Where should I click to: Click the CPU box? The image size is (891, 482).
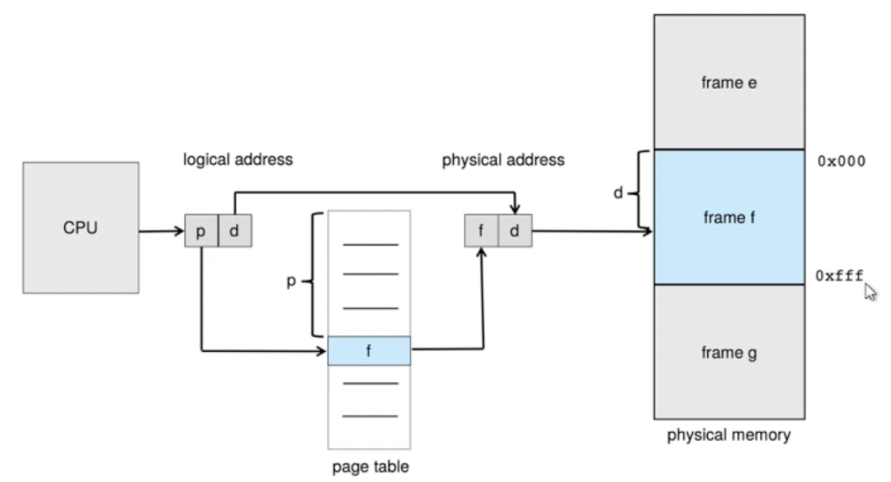tap(81, 228)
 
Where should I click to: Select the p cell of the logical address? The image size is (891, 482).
tap(201, 230)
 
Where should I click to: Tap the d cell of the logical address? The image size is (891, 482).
tap(235, 230)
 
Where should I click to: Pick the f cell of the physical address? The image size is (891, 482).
tap(481, 230)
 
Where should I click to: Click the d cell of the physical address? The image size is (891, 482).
tap(516, 230)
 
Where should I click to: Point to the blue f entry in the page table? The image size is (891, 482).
tap(369, 350)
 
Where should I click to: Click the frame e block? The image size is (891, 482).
tap(729, 82)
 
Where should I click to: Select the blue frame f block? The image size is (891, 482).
tap(729, 217)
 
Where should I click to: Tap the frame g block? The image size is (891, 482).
tap(729, 352)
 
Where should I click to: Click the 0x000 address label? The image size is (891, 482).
tap(841, 161)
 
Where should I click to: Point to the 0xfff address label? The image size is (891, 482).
tap(840, 276)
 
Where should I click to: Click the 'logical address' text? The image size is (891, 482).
tap(238, 160)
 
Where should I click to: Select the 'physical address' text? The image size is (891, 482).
tap(504, 160)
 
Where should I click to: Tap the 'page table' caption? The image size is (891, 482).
tap(370, 467)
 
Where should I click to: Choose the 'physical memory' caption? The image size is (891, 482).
tap(729, 435)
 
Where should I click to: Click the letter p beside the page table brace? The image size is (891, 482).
tap(291, 281)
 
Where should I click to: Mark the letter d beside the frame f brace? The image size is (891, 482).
tap(618, 193)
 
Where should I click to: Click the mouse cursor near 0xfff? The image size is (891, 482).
tap(870, 292)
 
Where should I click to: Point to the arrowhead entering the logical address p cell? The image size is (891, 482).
tap(180, 230)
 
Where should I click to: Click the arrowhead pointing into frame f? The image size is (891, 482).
tap(648, 230)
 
